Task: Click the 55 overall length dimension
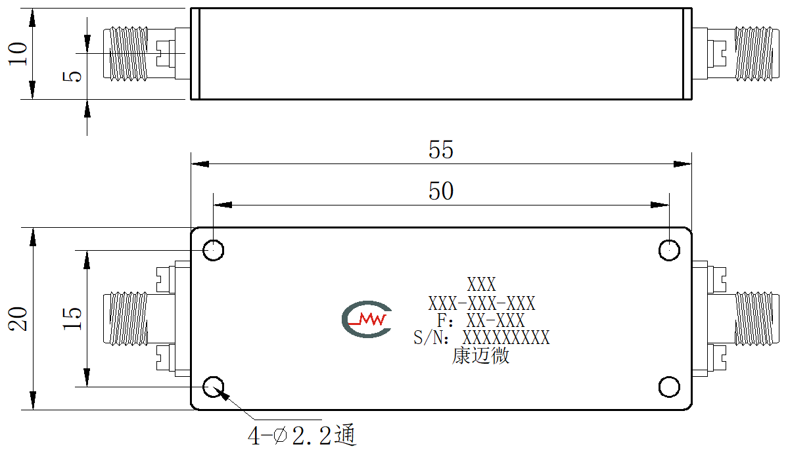pos(441,150)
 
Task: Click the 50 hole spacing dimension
pos(441,191)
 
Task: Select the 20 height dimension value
pos(18,318)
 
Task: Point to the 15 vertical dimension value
pos(72,318)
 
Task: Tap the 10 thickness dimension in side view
pos(18,53)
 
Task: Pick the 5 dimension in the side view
pos(72,76)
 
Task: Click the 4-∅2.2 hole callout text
pos(302,435)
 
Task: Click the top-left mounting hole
pos(213,250)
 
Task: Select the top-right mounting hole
pos(669,250)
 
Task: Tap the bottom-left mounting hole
pos(213,387)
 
